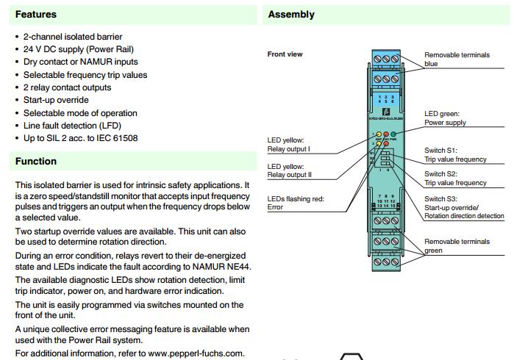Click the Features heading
point(36,14)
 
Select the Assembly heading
point(291,14)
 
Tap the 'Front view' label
point(285,54)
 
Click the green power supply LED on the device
point(393,134)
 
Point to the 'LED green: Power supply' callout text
point(445,118)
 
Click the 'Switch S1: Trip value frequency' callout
point(455,155)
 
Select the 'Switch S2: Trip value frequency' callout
point(455,179)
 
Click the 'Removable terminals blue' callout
point(457,60)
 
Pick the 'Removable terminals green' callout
point(457,245)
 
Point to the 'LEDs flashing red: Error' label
point(296,204)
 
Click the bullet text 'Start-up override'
point(56,100)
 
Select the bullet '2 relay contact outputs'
point(67,87)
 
